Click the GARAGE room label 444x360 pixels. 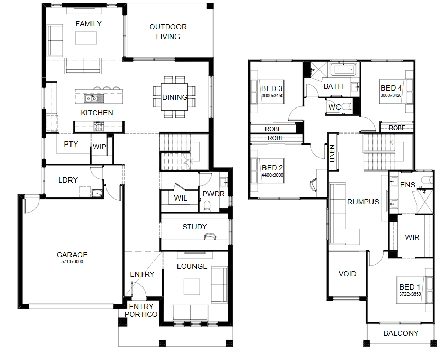72,255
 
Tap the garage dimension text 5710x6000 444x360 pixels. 72,262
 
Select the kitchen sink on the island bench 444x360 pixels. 94,99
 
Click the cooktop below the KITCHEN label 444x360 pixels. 99,126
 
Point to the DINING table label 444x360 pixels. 174,97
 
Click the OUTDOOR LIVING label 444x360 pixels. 168,32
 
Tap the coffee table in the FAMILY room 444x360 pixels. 86,38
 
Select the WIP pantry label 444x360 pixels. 99,147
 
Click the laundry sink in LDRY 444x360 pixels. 97,193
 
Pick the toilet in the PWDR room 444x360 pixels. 207,206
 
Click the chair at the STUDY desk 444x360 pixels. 210,237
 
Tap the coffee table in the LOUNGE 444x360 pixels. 192,286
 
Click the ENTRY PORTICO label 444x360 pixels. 141,311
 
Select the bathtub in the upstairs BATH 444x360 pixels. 343,69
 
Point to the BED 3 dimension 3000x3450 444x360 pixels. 272,96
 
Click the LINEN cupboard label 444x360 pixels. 332,153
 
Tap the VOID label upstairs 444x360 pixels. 347,274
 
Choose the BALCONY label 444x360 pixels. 401,333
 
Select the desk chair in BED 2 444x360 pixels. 313,185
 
